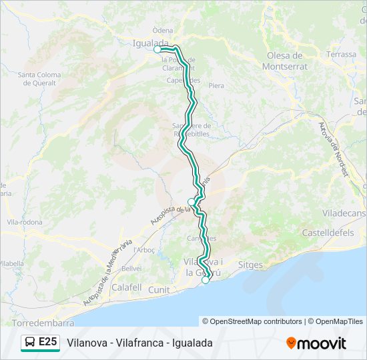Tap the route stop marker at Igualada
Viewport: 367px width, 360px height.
pyautogui.click(x=157, y=49)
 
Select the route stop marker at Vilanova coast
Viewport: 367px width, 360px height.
pyautogui.click(x=206, y=279)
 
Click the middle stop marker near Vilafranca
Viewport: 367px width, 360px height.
pyautogui.click(x=192, y=201)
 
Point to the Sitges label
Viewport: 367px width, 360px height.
pyautogui.click(x=250, y=265)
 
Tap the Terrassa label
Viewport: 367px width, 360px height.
pyautogui.click(x=342, y=54)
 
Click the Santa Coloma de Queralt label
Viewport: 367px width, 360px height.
pyautogui.click(x=39, y=79)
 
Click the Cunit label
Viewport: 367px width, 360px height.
pyautogui.click(x=159, y=289)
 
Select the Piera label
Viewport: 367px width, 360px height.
pyautogui.click(x=216, y=85)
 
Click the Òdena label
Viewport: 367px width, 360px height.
pyautogui.click(x=162, y=31)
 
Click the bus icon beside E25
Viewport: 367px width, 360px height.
pyautogui.click(x=31, y=342)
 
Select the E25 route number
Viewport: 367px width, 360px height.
pyautogui.click(x=48, y=342)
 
